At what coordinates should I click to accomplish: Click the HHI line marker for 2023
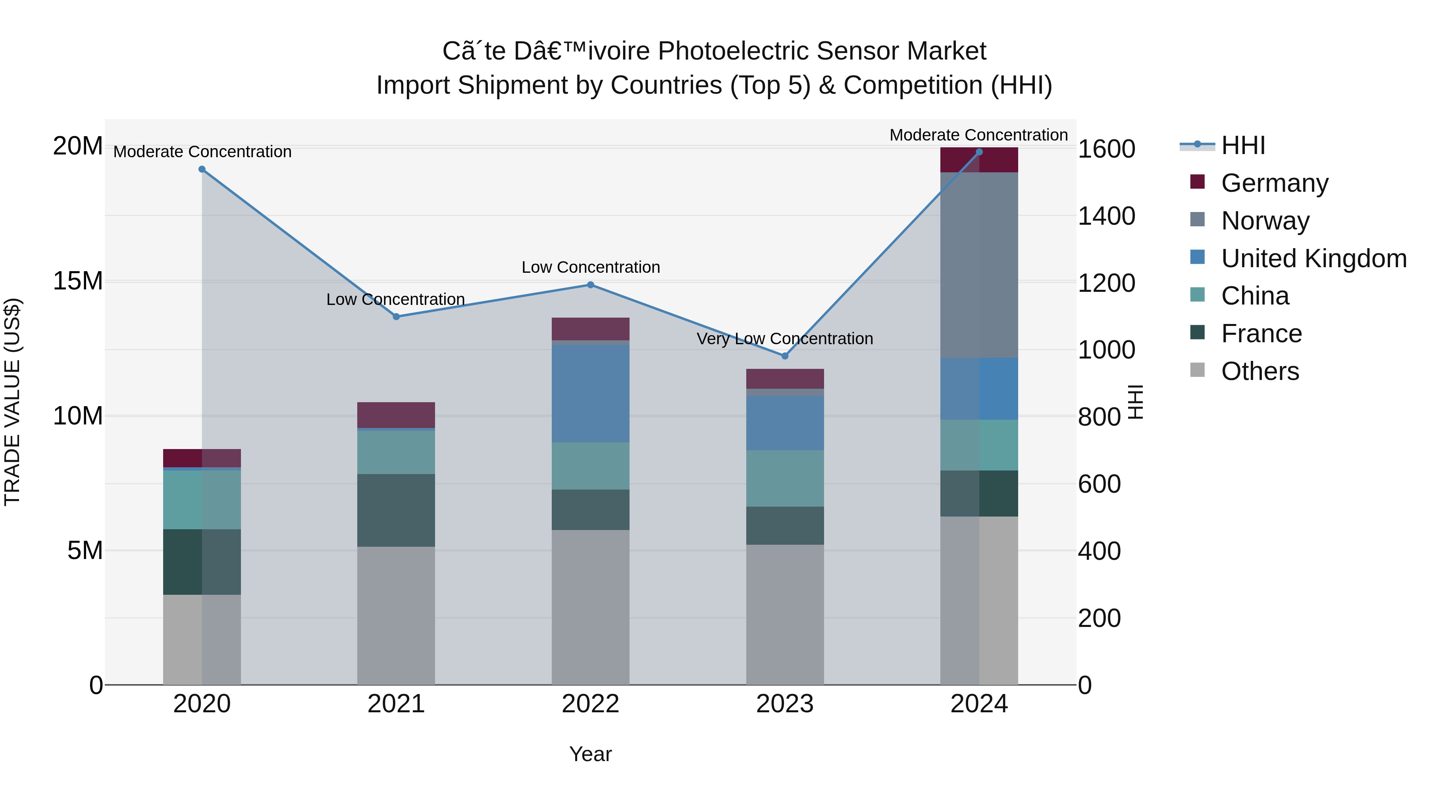[784, 356]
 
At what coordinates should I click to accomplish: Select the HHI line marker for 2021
[396, 316]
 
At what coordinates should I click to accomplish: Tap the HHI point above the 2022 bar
[590, 285]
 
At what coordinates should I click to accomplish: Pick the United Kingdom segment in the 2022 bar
[590, 393]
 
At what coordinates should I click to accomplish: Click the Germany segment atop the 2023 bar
[784, 378]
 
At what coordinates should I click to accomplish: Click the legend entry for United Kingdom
[1313, 258]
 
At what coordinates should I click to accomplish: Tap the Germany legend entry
[1274, 183]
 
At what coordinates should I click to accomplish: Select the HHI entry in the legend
[1242, 145]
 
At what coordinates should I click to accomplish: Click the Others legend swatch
[1198, 370]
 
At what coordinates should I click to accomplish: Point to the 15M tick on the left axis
[78, 281]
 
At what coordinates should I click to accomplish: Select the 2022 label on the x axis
[590, 704]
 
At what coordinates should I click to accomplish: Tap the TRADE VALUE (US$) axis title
[12, 402]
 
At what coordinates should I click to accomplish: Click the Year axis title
[590, 754]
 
